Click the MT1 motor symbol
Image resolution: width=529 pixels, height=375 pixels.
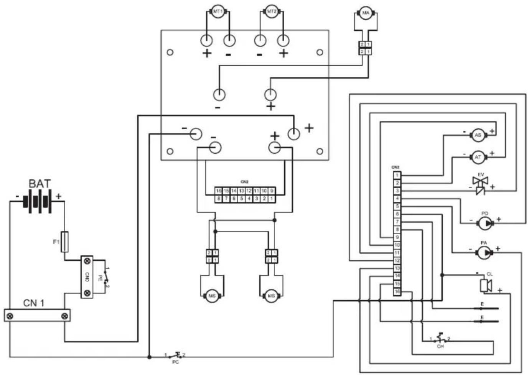tap(218, 12)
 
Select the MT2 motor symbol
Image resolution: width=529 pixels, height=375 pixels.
tap(272, 12)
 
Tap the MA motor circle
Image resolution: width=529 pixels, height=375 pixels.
tap(366, 13)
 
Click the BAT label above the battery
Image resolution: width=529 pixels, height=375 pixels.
tap(40, 184)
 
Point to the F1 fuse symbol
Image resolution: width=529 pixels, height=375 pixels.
tap(65, 242)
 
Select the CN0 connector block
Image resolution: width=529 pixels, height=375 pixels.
tap(87, 277)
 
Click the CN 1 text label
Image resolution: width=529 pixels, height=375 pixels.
tap(34, 303)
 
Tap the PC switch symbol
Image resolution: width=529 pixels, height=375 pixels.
tap(176, 355)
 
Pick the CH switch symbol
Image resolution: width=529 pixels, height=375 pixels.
tap(440, 338)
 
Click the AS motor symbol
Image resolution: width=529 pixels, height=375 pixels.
tap(478, 135)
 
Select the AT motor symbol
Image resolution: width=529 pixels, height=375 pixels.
tap(478, 157)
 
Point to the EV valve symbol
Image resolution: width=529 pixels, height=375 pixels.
tap(480, 185)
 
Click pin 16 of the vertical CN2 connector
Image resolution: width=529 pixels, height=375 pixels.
tap(397, 292)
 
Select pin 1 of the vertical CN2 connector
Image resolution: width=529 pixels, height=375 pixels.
tap(397, 176)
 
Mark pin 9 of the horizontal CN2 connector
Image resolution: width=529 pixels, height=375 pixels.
tap(272, 191)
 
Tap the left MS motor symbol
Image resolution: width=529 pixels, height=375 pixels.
tap(212, 296)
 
